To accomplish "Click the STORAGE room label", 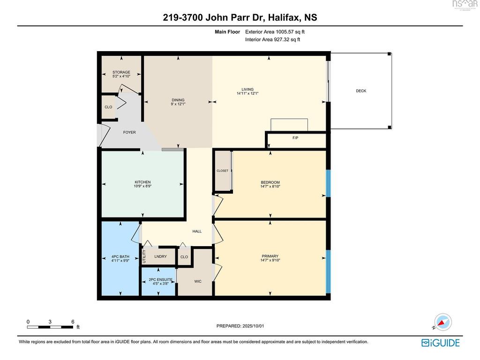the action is click(x=121, y=72).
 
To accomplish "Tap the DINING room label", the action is click(x=178, y=100).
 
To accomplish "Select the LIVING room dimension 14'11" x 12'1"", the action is click(x=247, y=93).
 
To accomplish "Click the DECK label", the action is click(x=361, y=91).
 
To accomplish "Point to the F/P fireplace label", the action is click(x=295, y=138).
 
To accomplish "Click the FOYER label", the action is click(x=129, y=132).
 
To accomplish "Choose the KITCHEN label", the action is click(x=142, y=182).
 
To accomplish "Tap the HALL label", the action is click(x=197, y=232).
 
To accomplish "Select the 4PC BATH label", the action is click(x=120, y=257).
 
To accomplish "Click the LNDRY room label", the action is click(x=160, y=256).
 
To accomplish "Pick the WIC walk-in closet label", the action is click(x=198, y=281).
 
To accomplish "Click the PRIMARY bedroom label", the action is click(x=270, y=256).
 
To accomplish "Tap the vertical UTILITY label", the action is click(x=144, y=256).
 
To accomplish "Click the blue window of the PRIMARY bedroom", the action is click(x=328, y=271).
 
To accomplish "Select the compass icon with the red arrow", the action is click(x=442, y=322).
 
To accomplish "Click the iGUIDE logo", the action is click(x=441, y=343).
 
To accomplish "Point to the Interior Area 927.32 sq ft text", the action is click(x=272, y=39).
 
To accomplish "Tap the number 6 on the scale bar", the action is click(x=73, y=322).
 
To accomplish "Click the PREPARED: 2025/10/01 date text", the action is click(x=240, y=326).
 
